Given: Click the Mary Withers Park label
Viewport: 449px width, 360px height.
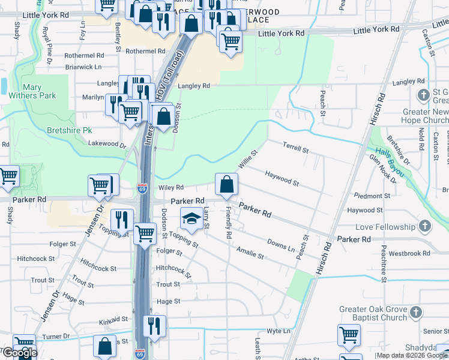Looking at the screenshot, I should click(x=40, y=91).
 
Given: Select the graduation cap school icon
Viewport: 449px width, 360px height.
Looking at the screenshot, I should click(x=191, y=218).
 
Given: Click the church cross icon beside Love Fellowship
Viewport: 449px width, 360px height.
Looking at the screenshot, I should click(x=425, y=227).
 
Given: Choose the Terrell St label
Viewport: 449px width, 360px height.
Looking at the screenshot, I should click(x=295, y=147).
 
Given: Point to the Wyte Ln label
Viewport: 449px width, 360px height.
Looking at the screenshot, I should click(x=279, y=331).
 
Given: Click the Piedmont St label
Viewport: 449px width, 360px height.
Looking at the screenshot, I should click(x=372, y=196).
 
